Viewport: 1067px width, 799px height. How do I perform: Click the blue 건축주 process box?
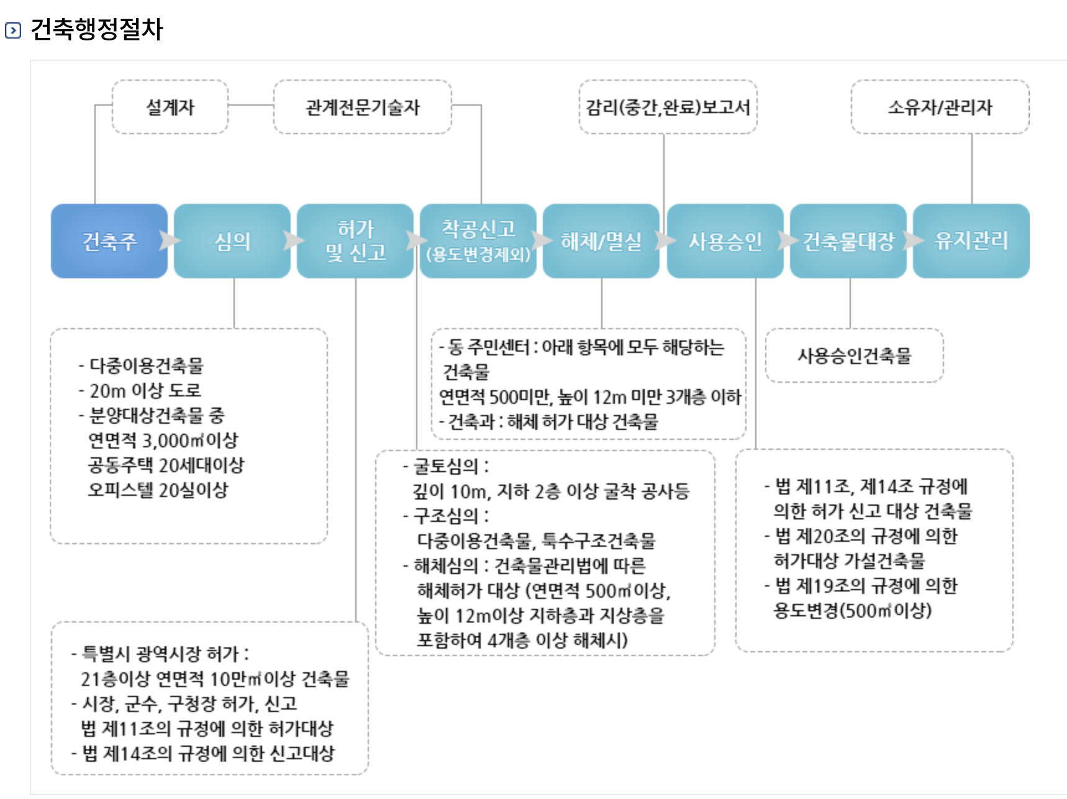(109, 241)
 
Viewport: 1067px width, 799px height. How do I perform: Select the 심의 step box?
(232, 241)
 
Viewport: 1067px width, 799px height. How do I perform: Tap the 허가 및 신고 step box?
(355, 241)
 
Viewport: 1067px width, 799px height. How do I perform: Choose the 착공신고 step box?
(478, 241)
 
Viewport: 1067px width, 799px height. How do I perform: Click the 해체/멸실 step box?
(601, 241)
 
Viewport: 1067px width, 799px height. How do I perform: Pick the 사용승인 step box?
(725, 241)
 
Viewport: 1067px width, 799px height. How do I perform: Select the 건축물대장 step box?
(848, 241)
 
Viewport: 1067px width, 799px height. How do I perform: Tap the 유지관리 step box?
(971, 241)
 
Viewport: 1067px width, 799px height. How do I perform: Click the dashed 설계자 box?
(170, 107)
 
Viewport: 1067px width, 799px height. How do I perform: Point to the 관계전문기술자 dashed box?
(363, 107)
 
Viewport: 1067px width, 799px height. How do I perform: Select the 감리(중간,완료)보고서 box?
(668, 107)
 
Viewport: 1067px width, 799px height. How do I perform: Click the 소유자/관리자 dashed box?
(940, 107)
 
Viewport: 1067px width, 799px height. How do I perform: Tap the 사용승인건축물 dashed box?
(855, 355)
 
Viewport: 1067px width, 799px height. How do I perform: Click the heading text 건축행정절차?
(96, 29)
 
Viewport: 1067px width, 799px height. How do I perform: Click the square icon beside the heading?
(13, 30)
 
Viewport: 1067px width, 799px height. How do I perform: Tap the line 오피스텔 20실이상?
(158, 490)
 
